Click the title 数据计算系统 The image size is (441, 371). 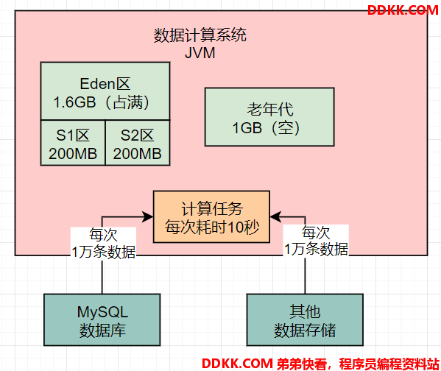200,35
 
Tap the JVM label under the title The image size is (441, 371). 200,53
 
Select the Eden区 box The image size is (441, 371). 105,91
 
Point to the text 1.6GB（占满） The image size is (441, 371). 102,102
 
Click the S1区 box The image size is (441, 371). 73,143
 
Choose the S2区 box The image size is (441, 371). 138,143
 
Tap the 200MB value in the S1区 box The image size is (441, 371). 73,154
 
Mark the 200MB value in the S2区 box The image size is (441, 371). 137,154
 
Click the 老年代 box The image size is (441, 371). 269,117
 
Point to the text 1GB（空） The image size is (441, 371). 267,127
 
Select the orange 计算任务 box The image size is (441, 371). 211,216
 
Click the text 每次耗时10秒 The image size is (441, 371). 212,227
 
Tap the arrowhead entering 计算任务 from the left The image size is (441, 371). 148,216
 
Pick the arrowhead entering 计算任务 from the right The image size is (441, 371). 275,216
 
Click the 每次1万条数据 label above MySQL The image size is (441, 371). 104,243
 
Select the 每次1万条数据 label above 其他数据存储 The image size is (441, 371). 316,241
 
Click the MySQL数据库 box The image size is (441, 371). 102,319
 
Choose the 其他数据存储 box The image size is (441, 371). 305,319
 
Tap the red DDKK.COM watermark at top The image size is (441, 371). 403,10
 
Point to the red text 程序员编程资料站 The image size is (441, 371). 389,364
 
